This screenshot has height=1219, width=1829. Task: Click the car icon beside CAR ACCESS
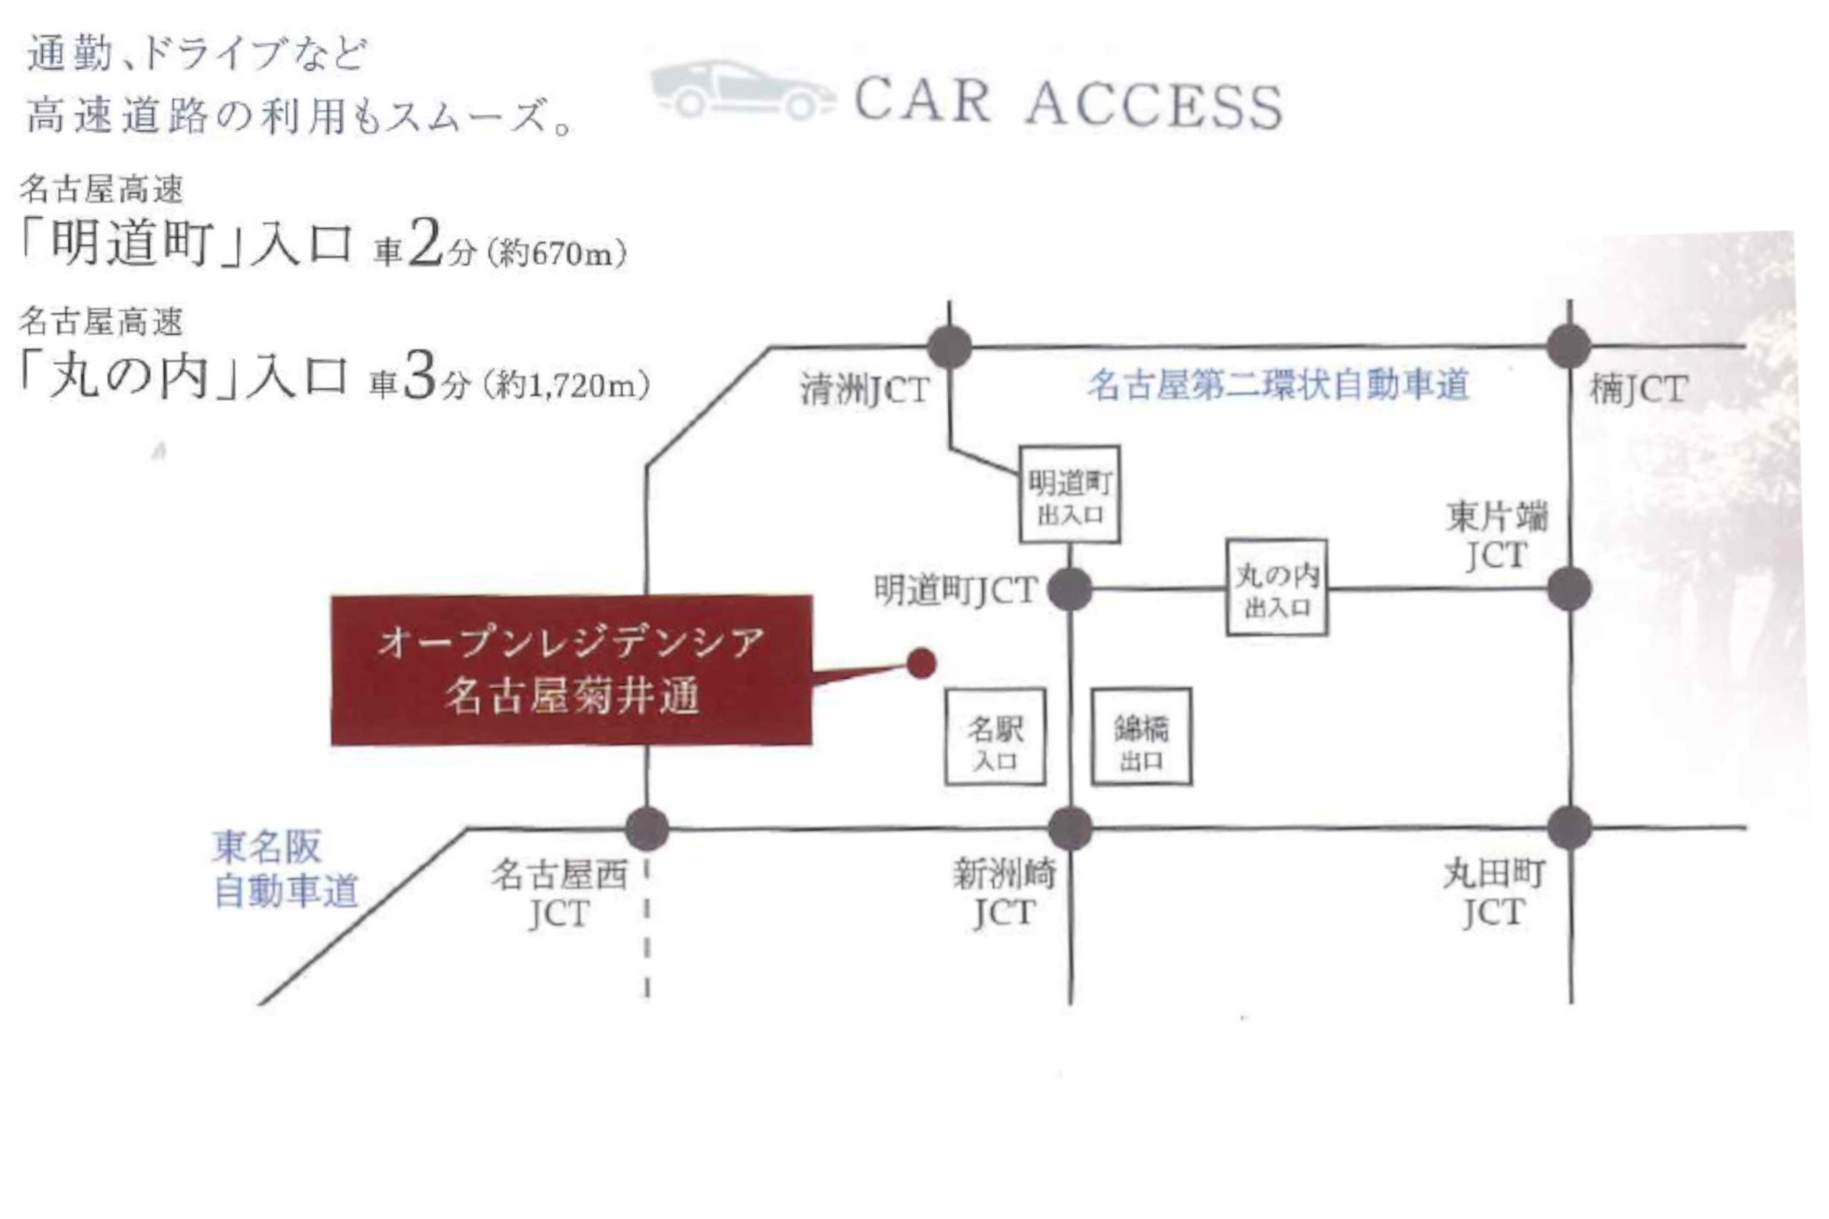pyautogui.click(x=742, y=91)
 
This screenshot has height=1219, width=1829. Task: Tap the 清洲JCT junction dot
pyautogui.click(x=950, y=347)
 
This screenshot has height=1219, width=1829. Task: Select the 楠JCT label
pyautogui.click(x=1638, y=389)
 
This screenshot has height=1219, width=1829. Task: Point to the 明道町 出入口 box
pyautogui.click(x=1070, y=494)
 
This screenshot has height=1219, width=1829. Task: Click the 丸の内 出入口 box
pyautogui.click(x=1277, y=588)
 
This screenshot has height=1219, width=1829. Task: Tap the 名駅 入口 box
pyautogui.click(x=995, y=737)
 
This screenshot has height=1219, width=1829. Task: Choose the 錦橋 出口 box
pyautogui.click(x=1142, y=737)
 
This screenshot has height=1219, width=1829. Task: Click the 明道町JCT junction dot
pyautogui.click(x=1070, y=589)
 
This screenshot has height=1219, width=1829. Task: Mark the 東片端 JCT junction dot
pyautogui.click(x=1569, y=589)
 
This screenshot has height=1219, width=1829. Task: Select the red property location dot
pyautogui.click(x=922, y=663)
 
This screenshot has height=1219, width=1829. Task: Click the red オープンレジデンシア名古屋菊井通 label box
pyautogui.click(x=572, y=670)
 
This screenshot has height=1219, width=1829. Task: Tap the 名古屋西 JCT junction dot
pyautogui.click(x=647, y=828)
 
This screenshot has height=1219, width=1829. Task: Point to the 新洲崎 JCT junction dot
pyautogui.click(x=1070, y=828)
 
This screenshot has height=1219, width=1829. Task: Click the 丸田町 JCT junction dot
pyautogui.click(x=1569, y=828)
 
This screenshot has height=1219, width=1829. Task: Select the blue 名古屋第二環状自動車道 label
pyautogui.click(x=1277, y=385)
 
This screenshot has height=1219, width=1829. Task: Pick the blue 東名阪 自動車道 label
pyautogui.click(x=285, y=869)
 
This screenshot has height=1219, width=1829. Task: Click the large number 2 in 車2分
pyautogui.click(x=424, y=244)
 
